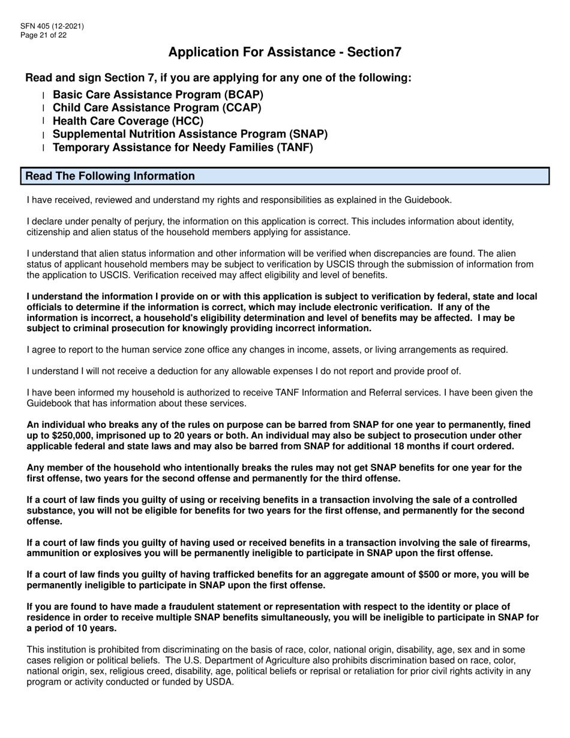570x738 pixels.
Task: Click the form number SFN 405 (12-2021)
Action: (52, 26)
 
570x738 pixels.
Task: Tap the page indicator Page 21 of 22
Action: (43, 35)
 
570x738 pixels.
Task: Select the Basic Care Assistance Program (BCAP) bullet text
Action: (158, 95)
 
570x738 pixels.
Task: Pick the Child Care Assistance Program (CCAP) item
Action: (157, 108)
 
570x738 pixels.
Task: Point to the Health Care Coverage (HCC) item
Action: (128, 121)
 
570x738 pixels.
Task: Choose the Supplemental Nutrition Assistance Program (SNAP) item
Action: (190, 134)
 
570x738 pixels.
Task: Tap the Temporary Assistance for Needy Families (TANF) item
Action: (183, 148)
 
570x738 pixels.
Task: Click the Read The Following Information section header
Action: (110, 176)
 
